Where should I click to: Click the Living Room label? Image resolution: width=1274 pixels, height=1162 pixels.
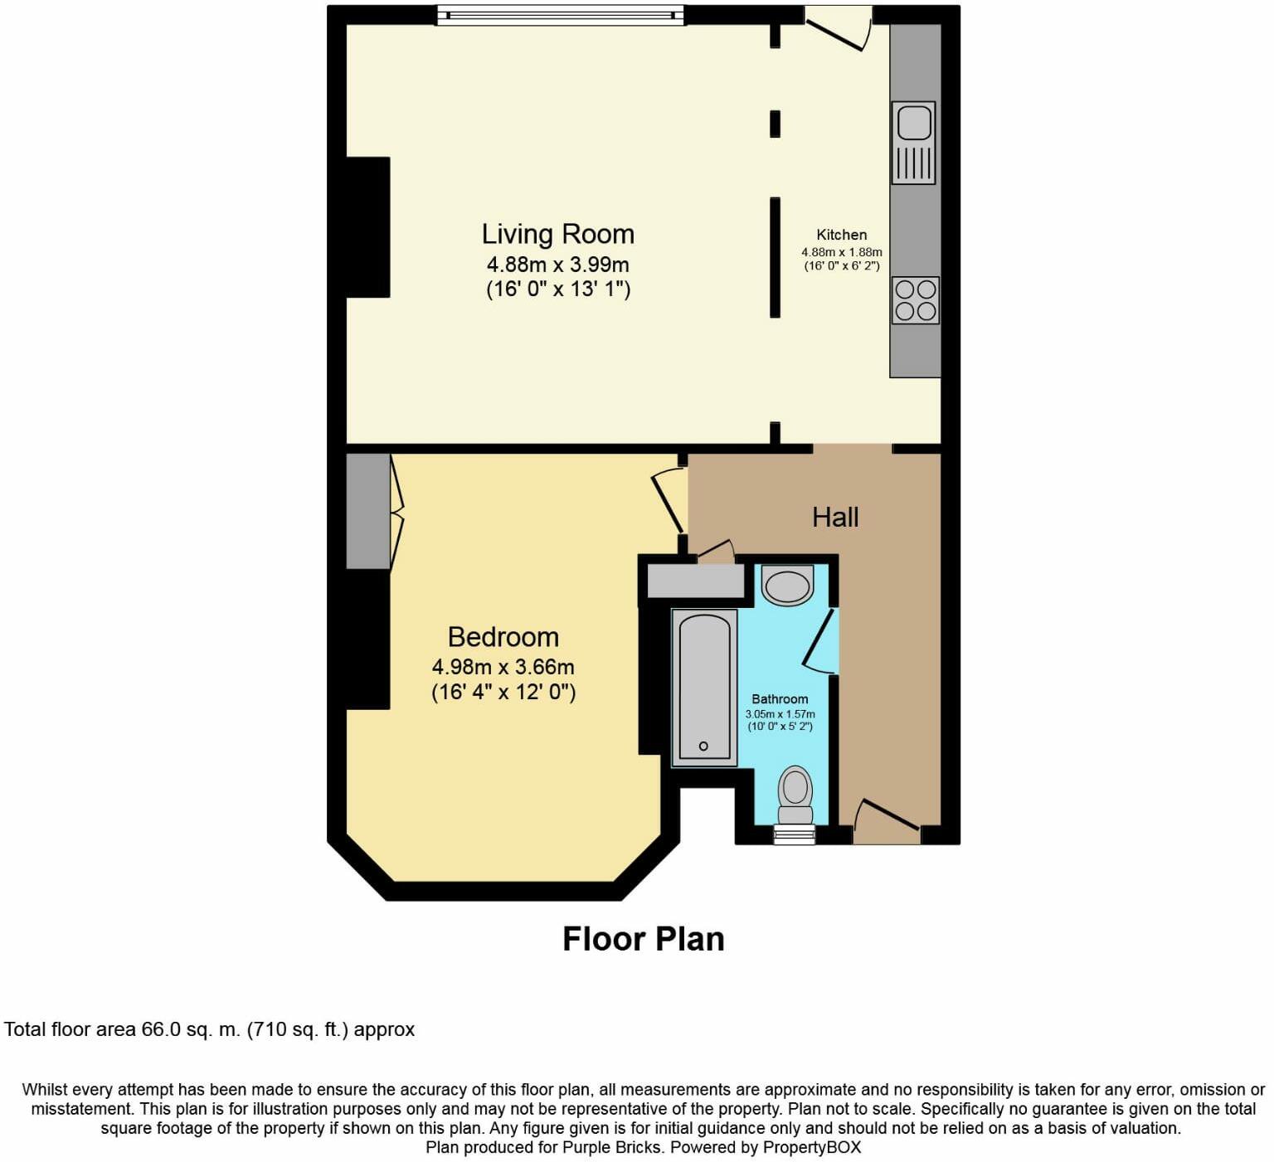[x=558, y=234]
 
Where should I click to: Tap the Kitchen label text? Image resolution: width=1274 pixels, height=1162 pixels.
[x=842, y=235]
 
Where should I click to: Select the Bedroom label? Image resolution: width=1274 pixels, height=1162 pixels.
[x=503, y=637]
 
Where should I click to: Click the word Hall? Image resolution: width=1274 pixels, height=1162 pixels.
[x=835, y=518]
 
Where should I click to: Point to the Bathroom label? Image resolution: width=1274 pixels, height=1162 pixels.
[x=780, y=699]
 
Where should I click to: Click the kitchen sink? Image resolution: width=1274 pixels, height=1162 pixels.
[x=914, y=143]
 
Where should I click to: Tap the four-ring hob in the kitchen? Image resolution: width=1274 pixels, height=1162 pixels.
[x=916, y=300]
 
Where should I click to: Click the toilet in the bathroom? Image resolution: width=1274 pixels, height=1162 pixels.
[x=795, y=795]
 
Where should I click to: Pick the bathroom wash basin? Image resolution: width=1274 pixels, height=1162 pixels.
[x=787, y=586]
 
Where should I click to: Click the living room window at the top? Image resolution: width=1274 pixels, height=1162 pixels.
[x=561, y=15]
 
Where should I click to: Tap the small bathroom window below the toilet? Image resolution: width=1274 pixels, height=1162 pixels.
[x=795, y=835]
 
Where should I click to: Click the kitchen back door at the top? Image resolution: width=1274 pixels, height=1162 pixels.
[x=838, y=27]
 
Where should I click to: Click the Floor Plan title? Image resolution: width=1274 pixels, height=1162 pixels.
[x=644, y=939]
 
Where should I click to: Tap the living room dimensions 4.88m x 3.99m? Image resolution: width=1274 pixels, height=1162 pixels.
[x=557, y=265]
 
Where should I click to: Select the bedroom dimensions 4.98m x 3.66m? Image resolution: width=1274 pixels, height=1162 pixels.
[x=503, y=667]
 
